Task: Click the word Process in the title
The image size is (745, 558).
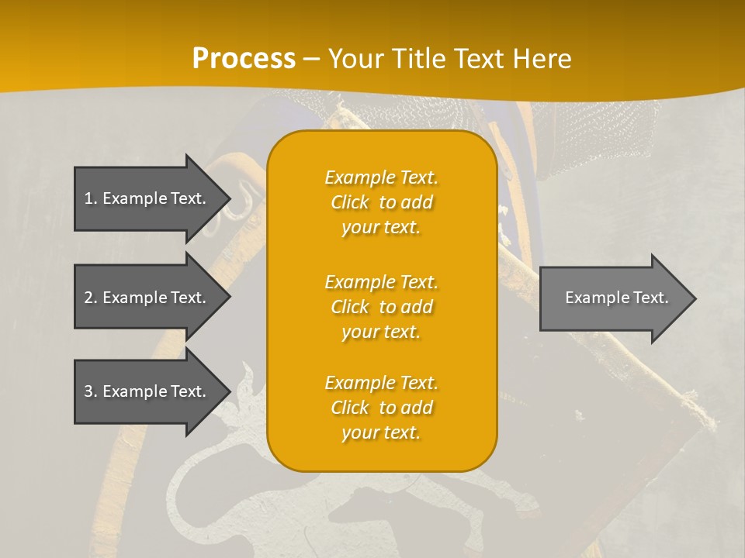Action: pyautogui.click(x=244, y=59)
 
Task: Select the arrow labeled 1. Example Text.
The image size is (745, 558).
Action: pyautogui.click(x=147, y=198)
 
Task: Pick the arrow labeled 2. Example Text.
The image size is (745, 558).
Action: pyautogui.click(x=147, y=298)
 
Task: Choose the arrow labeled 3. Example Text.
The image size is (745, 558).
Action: pyautogui.click(x=147, y=391)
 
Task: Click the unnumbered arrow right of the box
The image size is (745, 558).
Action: pyautogui.click(x=613, y=298)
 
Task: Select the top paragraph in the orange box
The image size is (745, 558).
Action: pyautogui.click(x=381, y=202)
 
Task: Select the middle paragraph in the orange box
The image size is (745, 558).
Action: pyautogui.click(x=381, y=307)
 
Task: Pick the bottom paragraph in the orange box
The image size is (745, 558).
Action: pyautogui.click(x=381, y=408)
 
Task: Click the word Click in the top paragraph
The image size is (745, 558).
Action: pyautogui.click(x=349, y=203)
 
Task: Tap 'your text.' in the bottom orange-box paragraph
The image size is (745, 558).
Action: pyautogui.click(x=381, y=432)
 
